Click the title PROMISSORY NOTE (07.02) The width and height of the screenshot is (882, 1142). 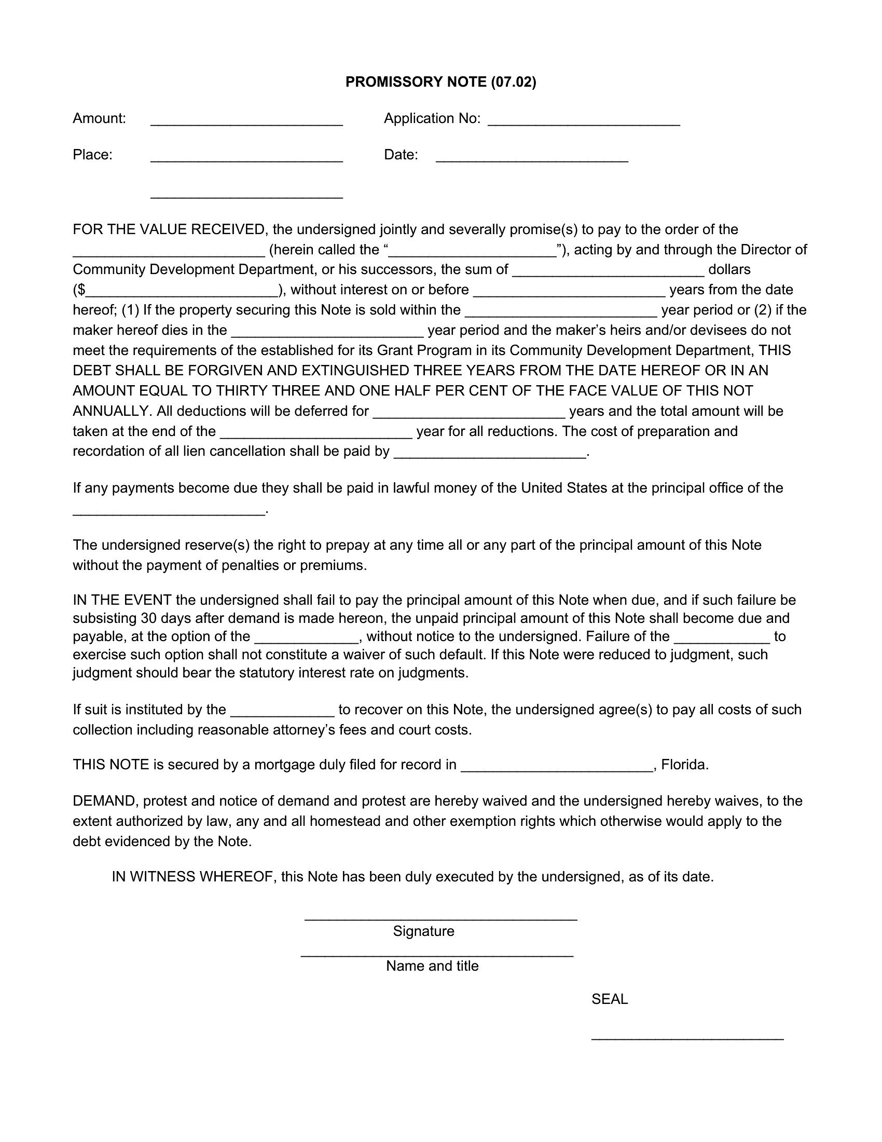[440, 82]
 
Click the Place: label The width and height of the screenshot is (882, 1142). [92, 155]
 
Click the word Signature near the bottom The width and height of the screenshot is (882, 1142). [423, 931]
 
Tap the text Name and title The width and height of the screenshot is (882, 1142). [432, 966]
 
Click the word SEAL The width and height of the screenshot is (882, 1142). [609, 999]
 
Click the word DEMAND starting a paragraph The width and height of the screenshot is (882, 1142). [104, 801]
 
